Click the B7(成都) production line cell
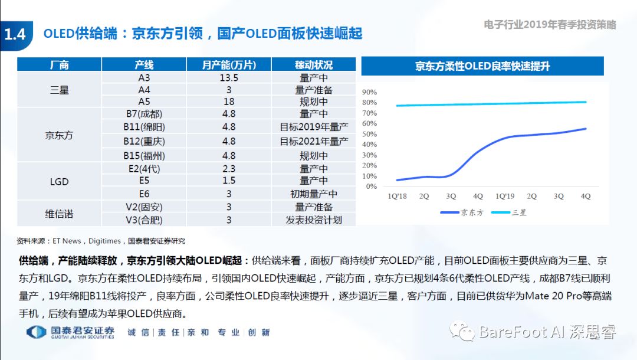coord(144,113)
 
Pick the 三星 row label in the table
coord(59,90)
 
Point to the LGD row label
coord(59,181)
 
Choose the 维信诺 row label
coord(59,214)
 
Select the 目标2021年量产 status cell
coord(314,141)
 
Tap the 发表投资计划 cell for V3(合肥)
coord(314,220)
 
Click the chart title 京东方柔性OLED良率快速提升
coord(482,66)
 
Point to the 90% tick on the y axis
coord(369,93)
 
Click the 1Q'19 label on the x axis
coord(505,196)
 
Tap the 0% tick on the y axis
coord(371,186)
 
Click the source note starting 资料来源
coord(100,241)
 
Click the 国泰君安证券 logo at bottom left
coord(71,332)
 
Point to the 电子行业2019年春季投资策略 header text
coord(550,25)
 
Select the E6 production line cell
coord(144,194)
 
